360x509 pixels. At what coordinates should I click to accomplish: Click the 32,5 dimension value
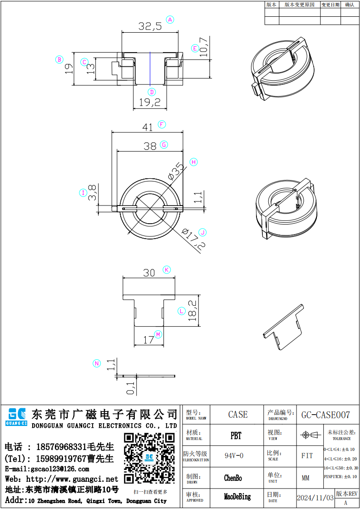(x=150, y=27)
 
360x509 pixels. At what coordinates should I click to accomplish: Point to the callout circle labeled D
(x=152, y=92)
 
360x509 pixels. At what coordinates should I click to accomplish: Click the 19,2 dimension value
(x=150, y=103)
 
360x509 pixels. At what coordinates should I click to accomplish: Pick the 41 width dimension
(x=148, y=127)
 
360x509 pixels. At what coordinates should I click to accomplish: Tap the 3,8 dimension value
(x=92, y=193)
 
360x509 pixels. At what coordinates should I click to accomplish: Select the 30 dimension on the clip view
(x=149, y=273)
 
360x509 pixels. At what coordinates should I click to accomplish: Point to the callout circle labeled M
(x=158, y=334)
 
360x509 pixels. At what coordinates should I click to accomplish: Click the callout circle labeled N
(x=96, y=363)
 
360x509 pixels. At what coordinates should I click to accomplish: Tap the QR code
(x=149, y=458)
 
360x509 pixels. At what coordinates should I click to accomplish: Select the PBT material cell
(x=236, y=436)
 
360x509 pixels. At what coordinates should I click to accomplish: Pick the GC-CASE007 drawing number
(x=325, y=415)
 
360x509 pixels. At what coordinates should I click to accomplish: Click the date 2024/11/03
(x=315, y=498)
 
